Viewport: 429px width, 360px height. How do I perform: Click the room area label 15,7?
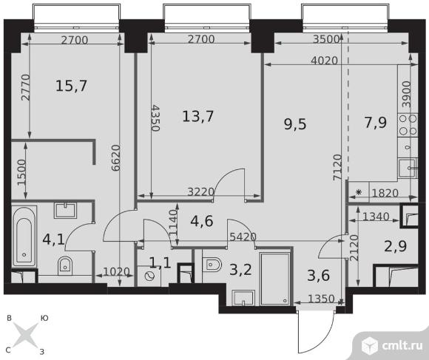click(71, 86)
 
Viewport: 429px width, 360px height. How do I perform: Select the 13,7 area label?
click(197, 116)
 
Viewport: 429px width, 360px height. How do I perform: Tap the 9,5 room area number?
click(295, 124)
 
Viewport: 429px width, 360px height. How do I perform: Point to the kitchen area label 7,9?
click(376, 123)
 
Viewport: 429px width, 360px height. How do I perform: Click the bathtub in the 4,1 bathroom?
click(24, 237)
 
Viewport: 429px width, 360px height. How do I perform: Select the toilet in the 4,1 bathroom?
click(65, 265)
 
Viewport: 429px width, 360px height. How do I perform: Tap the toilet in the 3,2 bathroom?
click(212, 265)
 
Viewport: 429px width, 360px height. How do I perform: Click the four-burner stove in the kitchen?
click(408, 125)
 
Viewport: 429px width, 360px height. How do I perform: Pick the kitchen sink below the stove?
click(408, 168)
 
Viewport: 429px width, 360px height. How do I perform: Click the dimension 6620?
click(116, 157)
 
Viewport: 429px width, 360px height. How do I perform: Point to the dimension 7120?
click(337, 167)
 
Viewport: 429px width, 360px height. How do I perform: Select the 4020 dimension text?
click(324, 61)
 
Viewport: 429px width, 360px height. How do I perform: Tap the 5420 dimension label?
click(243, 237)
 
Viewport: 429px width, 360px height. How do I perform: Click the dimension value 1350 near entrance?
click(321, 299)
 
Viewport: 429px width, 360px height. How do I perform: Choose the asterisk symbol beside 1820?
click(359, 192)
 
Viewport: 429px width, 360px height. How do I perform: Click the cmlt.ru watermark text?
click(402, 345)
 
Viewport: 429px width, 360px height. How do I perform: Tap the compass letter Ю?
click(44, 318)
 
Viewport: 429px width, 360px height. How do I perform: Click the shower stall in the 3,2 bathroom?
click(275, 279)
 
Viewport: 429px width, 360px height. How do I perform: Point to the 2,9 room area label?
click(396, 246)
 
